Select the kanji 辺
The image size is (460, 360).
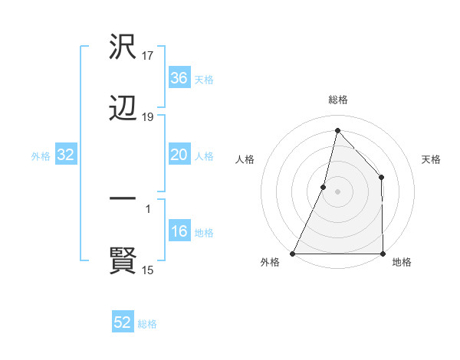point(123,110)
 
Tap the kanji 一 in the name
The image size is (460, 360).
point(123,201)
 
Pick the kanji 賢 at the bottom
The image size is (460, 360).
point(123,261)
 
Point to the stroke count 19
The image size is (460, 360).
point(148,117)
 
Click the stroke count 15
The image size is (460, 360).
point(148,270)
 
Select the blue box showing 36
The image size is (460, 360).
point(179,78)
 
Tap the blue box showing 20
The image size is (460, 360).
point(179,155)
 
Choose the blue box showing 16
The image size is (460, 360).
point(179,232)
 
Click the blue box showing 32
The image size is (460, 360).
point(66,155)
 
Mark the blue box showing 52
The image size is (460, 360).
point(123,322)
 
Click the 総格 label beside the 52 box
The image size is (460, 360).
point(147,324)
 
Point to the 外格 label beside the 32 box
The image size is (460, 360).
point(41,155)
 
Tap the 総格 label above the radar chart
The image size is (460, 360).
point(338,100)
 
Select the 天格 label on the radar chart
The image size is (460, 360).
point(432,159)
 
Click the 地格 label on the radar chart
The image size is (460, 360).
point(402,262)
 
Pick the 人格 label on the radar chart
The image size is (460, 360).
point(245,159)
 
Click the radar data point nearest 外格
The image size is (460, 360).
point(293,253)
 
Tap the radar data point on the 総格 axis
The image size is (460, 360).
point(337,130)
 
